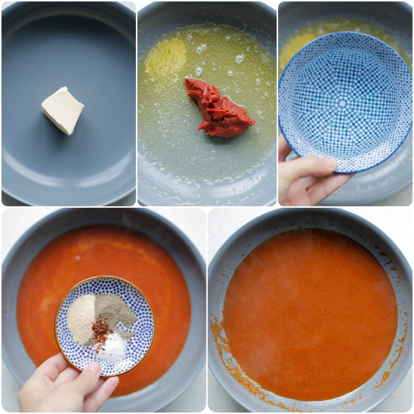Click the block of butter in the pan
click(x=63, y=110)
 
